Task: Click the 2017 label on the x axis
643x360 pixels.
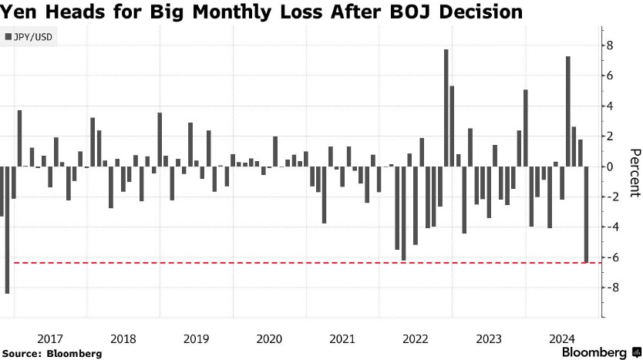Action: coord(50,338)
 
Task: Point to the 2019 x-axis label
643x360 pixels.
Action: coord(196,338)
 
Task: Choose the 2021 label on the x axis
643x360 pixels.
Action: coord(342,338)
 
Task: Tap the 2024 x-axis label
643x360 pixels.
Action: coord(561,338)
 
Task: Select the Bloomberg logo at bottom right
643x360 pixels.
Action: coord(598,352)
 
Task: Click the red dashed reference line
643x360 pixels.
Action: coord(308,263)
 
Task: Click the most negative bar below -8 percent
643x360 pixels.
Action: coord(8,230)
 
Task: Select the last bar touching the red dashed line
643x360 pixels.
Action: coord(587,214)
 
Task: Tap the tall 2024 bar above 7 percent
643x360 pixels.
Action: coord(568,112)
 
